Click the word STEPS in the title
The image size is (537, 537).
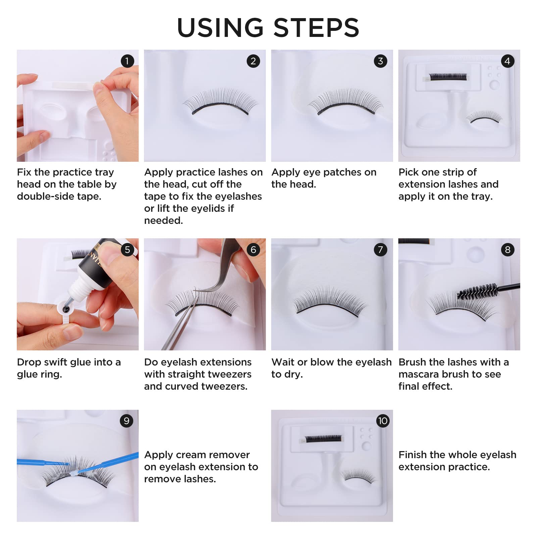(316, 28)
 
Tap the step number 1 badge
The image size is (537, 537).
(127, 61)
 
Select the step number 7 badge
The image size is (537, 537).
(380, 250)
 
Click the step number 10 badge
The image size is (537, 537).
(383, 421)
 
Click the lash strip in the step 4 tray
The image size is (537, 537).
(448, 77)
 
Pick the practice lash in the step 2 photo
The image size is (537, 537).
(220, 102)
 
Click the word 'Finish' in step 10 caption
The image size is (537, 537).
(413, 455)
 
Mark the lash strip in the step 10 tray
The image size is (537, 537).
(323, 439)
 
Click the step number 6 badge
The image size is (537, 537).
(253, 250)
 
